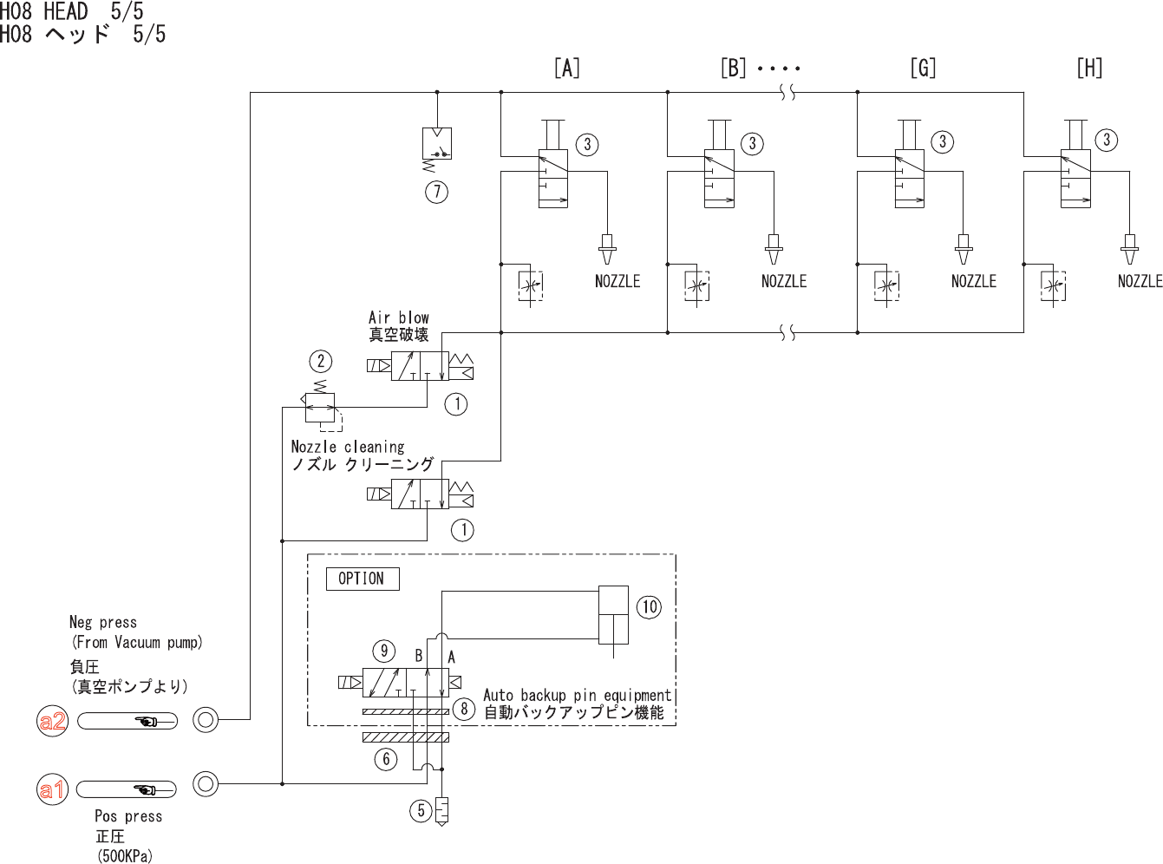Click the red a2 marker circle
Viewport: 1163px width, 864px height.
coord(52,721)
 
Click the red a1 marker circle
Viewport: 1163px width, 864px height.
coord(52,789)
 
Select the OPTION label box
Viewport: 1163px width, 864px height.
coord(363,579)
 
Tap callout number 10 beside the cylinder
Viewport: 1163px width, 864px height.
coord(649,607)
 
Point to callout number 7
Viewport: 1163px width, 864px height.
coord(437,192)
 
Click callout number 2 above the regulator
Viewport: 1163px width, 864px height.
coord(321,361)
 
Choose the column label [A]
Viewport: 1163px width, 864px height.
coord(567,69)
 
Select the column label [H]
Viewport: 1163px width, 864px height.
coord(1089,69)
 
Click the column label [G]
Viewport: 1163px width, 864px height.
coord(924,69)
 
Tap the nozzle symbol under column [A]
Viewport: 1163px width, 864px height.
coord(607,249)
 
